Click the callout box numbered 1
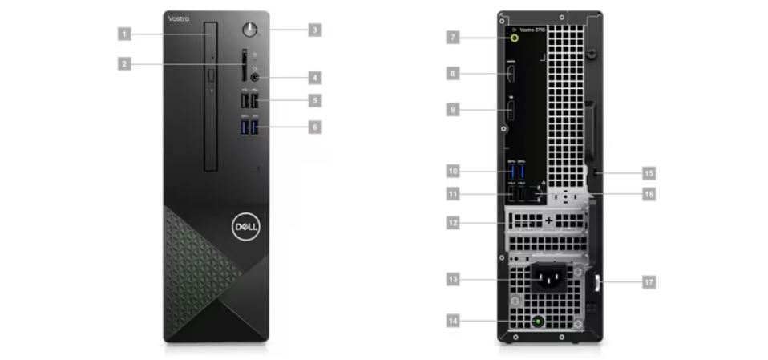pyautogui.click(x=124, y=34)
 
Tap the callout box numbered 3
pyautogui.click(x=315, y=30)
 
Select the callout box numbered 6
pyautogui.click(x=315, y=127)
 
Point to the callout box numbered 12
pyautogui.click(x=453, y=222)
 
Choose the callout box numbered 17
pyautogui.click(x=649, y=281)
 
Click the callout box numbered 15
pyautogui.click(x=649, y=172)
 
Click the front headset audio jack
pyautogui.click(x=256, y=77)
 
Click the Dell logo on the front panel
pyautogui.click(x=244, y=228)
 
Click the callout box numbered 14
pyautogui.click(x=453, y=321)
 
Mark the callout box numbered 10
pyautogui.click(x=453, y=171)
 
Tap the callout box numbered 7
pyautogui.click(x=453, y=37)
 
